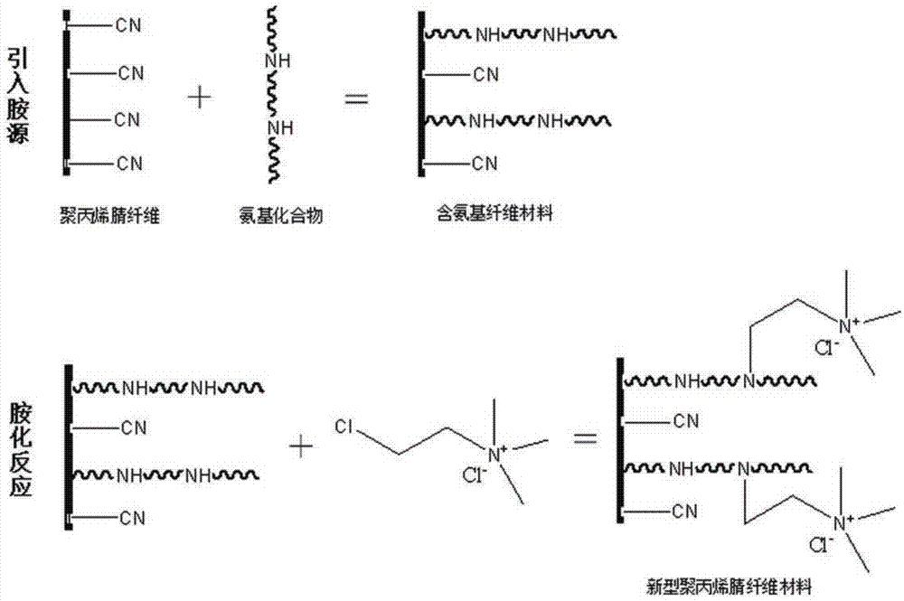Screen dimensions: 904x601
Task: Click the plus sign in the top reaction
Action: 204,98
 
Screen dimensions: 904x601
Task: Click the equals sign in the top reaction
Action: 357,98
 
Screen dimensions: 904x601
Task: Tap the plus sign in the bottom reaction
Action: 300,443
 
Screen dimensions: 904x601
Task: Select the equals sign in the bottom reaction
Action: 589,439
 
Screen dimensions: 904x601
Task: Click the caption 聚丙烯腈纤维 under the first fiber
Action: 108,215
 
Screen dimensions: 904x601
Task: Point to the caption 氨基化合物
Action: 278,216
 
